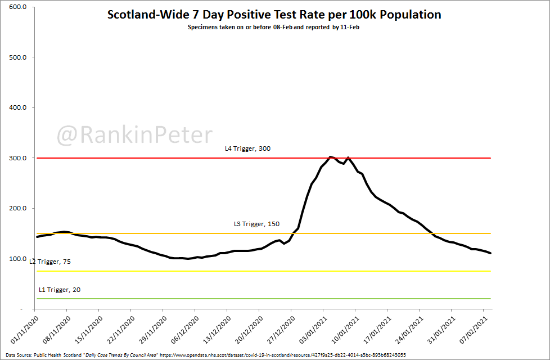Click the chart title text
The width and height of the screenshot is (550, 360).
coord(274,15)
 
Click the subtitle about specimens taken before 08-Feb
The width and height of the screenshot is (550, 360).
coord(274,26)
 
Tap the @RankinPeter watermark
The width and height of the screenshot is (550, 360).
coord(134,135)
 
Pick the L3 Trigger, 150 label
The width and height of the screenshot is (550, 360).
coord(256,224)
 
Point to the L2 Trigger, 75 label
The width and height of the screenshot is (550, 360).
coord(50,262)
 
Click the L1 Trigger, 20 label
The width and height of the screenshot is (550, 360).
coord(59,290)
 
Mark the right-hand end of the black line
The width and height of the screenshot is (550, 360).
coord(491,253)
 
